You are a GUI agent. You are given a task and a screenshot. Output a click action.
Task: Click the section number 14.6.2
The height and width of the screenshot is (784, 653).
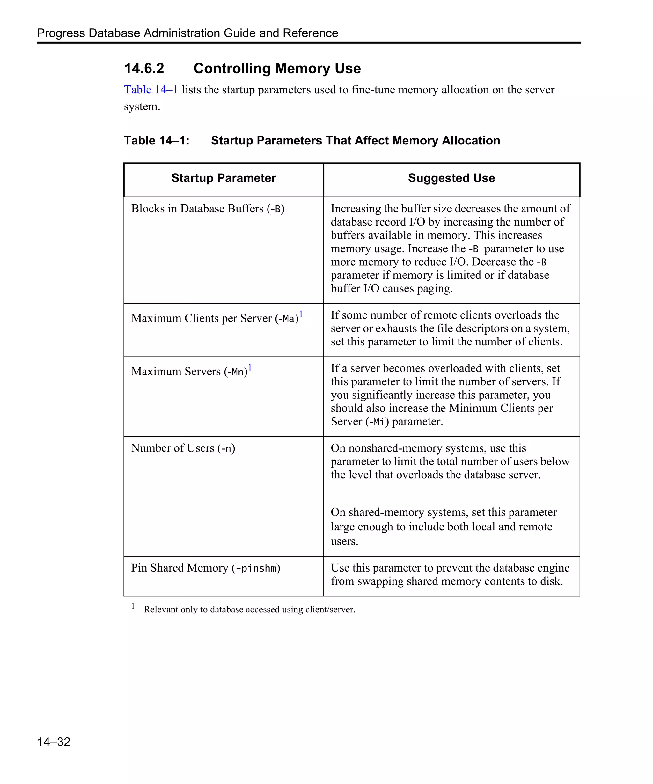pos(144,69)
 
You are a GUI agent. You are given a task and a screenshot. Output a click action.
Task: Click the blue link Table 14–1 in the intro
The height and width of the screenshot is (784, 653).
pos(151,90)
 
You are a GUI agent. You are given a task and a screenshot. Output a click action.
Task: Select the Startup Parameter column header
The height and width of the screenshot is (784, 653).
pos(224,178)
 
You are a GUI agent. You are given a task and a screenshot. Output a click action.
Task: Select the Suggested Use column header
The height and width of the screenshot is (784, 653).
pos(451,178)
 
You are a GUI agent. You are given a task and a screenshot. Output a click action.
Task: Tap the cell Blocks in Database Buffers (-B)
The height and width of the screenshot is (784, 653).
pos(208,209)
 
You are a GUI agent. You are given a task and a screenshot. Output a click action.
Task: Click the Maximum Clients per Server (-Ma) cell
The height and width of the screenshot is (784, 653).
pos(215,318)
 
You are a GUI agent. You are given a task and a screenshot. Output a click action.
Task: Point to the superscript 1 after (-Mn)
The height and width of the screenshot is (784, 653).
pos(250,367)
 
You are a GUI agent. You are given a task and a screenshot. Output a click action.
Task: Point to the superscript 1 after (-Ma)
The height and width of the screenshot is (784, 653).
pos(301,314)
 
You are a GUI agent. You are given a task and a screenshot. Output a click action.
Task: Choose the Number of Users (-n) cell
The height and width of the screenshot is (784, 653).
pos(183,448)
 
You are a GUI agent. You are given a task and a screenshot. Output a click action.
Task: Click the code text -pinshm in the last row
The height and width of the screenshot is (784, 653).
pos(256,568)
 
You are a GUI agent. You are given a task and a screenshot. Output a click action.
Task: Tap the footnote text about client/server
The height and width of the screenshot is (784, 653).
pos(249,609)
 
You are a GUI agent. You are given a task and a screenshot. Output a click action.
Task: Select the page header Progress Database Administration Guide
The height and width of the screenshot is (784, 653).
pos(187,33)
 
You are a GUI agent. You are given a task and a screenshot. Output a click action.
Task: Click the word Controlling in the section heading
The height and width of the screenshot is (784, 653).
pos(232,69)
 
